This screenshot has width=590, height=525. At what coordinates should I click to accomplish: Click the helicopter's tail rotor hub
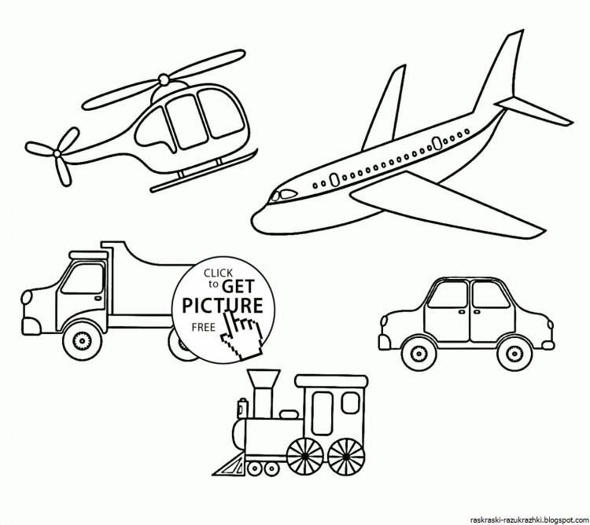(x=57, y=153)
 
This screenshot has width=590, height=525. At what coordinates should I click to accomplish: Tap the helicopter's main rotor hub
(x=164, y=79)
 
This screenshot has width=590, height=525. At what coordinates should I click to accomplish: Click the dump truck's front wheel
(x=82, y=341)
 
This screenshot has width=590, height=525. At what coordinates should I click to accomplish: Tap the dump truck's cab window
(x=83, y=278)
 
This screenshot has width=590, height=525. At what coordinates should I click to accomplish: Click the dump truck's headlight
(x=26, y=298)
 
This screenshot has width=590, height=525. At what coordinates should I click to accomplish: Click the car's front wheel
(x=418, y=353)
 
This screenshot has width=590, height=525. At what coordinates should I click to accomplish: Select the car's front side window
(x=448, y=295)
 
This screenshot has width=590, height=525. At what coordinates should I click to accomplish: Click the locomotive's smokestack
(x=264, y=393)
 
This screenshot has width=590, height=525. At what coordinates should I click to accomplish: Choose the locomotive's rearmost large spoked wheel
(x=346, y=456)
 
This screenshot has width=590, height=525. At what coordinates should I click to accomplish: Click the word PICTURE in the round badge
(x=223, y=305)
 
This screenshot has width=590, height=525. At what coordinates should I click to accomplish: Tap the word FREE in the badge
(x=203, y=327)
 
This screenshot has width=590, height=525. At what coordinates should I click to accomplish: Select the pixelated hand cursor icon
(x=242, y=332)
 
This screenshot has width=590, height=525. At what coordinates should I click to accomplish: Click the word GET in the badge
(x=238, y=286)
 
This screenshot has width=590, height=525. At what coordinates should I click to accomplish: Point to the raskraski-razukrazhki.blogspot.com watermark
(x=529, y=519)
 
